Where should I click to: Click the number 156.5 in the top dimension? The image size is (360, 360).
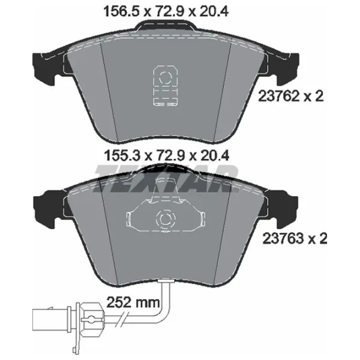tap(122, 11)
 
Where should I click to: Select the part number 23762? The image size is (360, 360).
tap(279, 96)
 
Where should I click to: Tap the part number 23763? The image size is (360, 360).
tap(283, 239)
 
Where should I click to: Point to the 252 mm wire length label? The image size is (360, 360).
tap(133, 302)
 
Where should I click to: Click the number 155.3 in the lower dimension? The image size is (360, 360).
tap(122, 155)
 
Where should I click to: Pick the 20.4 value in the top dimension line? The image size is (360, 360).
tap(214, 11)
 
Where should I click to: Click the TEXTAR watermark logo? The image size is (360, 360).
tap(166, 179)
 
